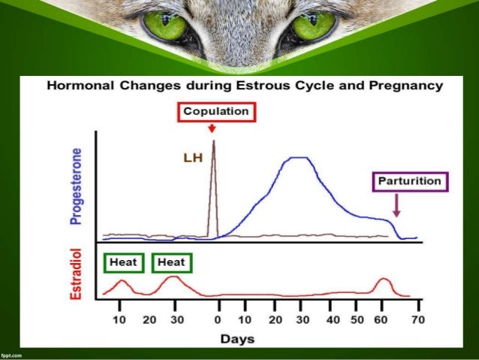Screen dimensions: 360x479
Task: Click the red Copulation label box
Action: tap(217, 111)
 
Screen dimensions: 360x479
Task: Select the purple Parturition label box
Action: tap(411, 181)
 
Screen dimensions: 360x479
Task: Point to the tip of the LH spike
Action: tap(214, 141)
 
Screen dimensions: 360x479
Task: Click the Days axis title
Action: tap(238, 339)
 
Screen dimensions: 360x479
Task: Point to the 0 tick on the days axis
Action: tap(218, 320)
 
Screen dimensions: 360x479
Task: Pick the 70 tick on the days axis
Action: tap(418, 320)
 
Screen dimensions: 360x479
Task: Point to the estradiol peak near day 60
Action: tap(384, 280)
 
